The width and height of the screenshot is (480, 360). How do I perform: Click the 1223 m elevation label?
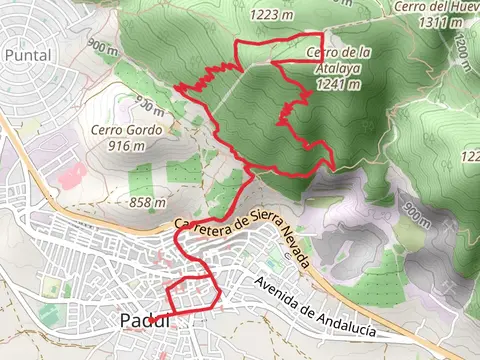pyautogui.click(x=246, y=14)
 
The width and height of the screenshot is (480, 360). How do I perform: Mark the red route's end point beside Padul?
pyautogui.click(x=152, y=319)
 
